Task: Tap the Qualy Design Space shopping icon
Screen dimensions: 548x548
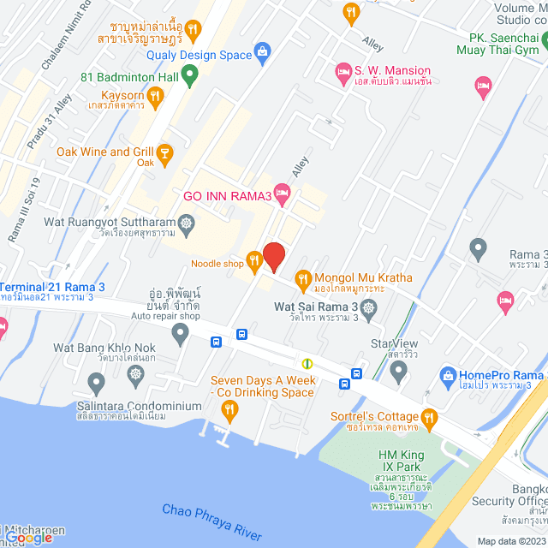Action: coord(263,54)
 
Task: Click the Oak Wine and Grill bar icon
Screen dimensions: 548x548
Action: coord(165,153)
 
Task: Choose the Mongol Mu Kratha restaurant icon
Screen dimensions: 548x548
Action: coord(302,277)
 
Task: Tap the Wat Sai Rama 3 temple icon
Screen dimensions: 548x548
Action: coord(369,307)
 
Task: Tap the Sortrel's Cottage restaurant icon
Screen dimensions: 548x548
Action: coord(430,417)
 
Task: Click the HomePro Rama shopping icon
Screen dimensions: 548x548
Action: coord(446,375)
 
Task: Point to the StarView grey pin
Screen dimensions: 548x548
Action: coord(397,371)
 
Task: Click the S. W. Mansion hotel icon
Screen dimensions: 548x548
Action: coord(343,71)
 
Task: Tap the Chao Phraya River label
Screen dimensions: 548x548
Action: coord(213,521)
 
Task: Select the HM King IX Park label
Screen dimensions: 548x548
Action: coord(402,455)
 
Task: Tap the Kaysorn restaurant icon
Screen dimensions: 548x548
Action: coord(154,98)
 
